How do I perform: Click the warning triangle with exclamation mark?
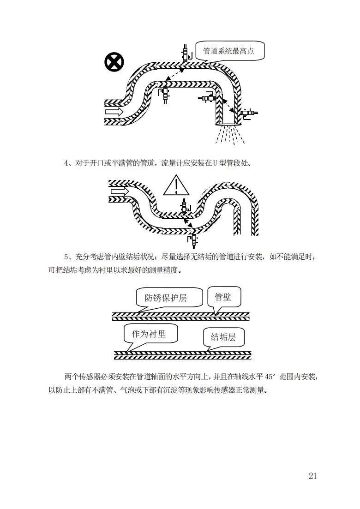(x=176, y=186)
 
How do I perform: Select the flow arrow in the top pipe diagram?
(x=114, y=112)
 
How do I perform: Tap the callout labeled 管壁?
(x=224, y=297)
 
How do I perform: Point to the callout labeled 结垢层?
(x=223, y=338)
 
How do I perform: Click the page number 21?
(x=312, y=476)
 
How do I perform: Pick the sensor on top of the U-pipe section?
(x=186, y=205)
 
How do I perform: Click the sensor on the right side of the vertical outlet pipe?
(x=250, y=114)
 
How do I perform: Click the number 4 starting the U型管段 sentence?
(x=66, y=163)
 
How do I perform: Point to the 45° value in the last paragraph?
(x=270, y=377)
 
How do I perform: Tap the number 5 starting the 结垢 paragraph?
(x=66, y=257)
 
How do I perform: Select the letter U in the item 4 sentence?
(x=215, y=163)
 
